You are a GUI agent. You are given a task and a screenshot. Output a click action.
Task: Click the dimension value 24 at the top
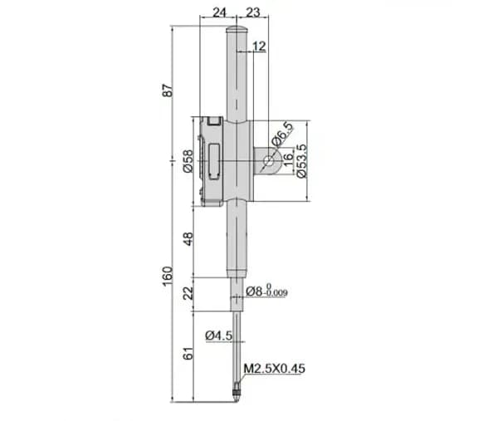click(x=219, y=12)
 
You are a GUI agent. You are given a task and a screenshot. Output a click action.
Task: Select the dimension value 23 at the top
click(x=253, y=12)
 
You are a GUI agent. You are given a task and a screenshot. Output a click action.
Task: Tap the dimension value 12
click(x=259, y=47)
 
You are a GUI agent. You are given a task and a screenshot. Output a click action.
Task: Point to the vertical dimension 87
click(x=168, y=91)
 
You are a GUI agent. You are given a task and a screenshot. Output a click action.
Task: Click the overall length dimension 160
click(x=168, y=276)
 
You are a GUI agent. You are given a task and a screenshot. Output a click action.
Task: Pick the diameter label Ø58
click(x=188, y=161)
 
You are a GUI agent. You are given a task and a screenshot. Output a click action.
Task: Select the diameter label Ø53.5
click(x=301, y=161)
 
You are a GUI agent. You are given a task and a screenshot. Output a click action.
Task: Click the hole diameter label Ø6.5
click(x=283, y=135)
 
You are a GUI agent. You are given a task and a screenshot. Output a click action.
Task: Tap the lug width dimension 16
click(x=288, y=159)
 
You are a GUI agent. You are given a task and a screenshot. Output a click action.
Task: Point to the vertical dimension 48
click(x=188, y=239)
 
